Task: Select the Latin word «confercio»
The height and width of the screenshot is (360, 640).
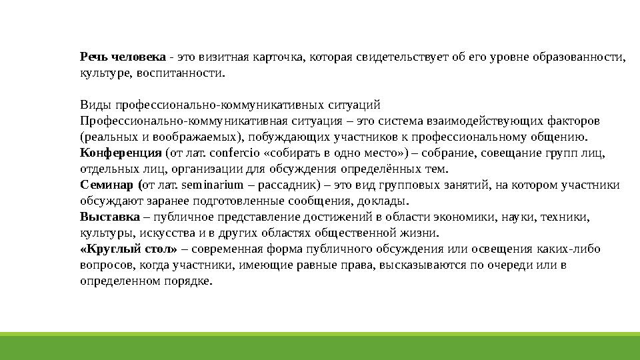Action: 229,153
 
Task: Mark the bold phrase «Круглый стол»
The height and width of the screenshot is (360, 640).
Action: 129,249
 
